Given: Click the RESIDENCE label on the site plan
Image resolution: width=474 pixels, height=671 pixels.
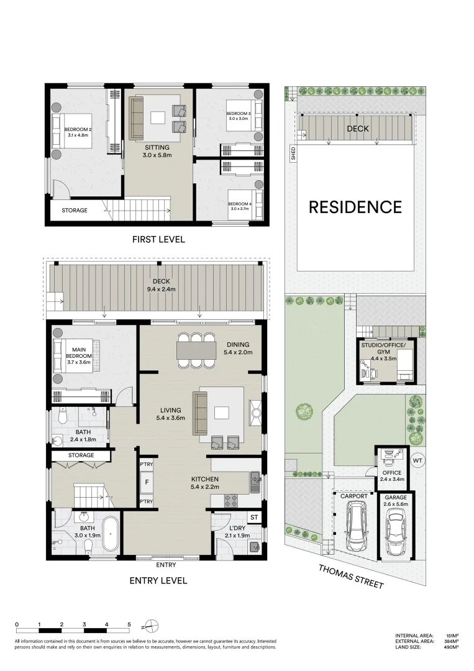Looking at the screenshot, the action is pos(355,207).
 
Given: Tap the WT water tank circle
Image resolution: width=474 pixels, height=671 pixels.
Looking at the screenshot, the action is pos(417,461).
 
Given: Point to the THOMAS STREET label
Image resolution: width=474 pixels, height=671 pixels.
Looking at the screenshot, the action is pos(351,576).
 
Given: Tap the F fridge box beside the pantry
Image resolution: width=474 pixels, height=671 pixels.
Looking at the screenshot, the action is pos(147,482).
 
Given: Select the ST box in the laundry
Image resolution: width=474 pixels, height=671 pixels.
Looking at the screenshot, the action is pos(254,517).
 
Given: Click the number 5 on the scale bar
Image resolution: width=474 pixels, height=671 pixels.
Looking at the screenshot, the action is pos(129,624).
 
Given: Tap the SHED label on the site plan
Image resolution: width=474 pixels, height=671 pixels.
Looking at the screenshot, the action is pos(293,153).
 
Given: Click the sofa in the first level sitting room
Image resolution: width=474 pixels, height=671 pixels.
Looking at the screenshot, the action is pos(137,119).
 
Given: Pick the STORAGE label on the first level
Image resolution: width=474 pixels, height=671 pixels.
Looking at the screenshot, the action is pos(75,210).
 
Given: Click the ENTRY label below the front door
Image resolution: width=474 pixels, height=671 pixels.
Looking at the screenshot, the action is pos(166,565).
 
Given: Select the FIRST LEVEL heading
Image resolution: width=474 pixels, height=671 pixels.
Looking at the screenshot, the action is pos(158,239).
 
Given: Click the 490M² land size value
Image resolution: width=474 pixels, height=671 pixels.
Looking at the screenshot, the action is pos(452,647).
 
